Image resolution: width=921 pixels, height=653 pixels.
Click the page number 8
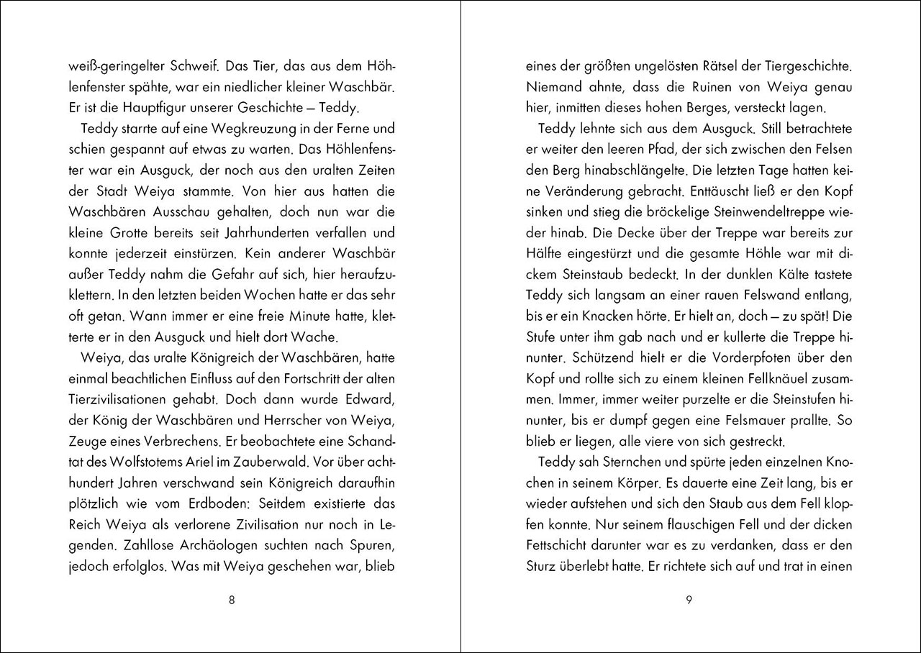click(x=231, y=601)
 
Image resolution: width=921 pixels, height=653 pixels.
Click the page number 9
click(x=689, y=601)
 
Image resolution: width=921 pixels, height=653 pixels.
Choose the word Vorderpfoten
click(x=762, y=357)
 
